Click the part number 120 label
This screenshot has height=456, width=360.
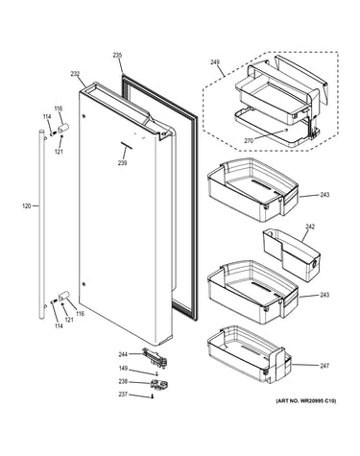tap(27, 206)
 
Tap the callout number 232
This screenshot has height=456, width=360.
tap(75, 74)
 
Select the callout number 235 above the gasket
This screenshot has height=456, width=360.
tap(117, 56)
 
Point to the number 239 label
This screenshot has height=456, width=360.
tap(122, 163)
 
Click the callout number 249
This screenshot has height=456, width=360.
tap(215, 62)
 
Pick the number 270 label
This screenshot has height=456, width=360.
tap(249, 140)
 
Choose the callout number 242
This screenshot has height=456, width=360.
tap(310, 227)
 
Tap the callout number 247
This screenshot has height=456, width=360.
tap(324, 366)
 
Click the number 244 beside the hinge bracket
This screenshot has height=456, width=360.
tap(123, 354)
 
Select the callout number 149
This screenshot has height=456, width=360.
tap(123, 369)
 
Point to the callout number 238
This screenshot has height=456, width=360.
tap(123, 381)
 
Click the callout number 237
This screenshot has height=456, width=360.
tap(123, 395)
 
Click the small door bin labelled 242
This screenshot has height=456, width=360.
tap(291, 254)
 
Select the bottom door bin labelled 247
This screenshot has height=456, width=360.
tap(249, 354)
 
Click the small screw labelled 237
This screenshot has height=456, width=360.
tap(152, 397)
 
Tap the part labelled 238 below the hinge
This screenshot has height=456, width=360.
tap(158, 384)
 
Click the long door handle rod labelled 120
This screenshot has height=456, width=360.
tap(42, 224)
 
